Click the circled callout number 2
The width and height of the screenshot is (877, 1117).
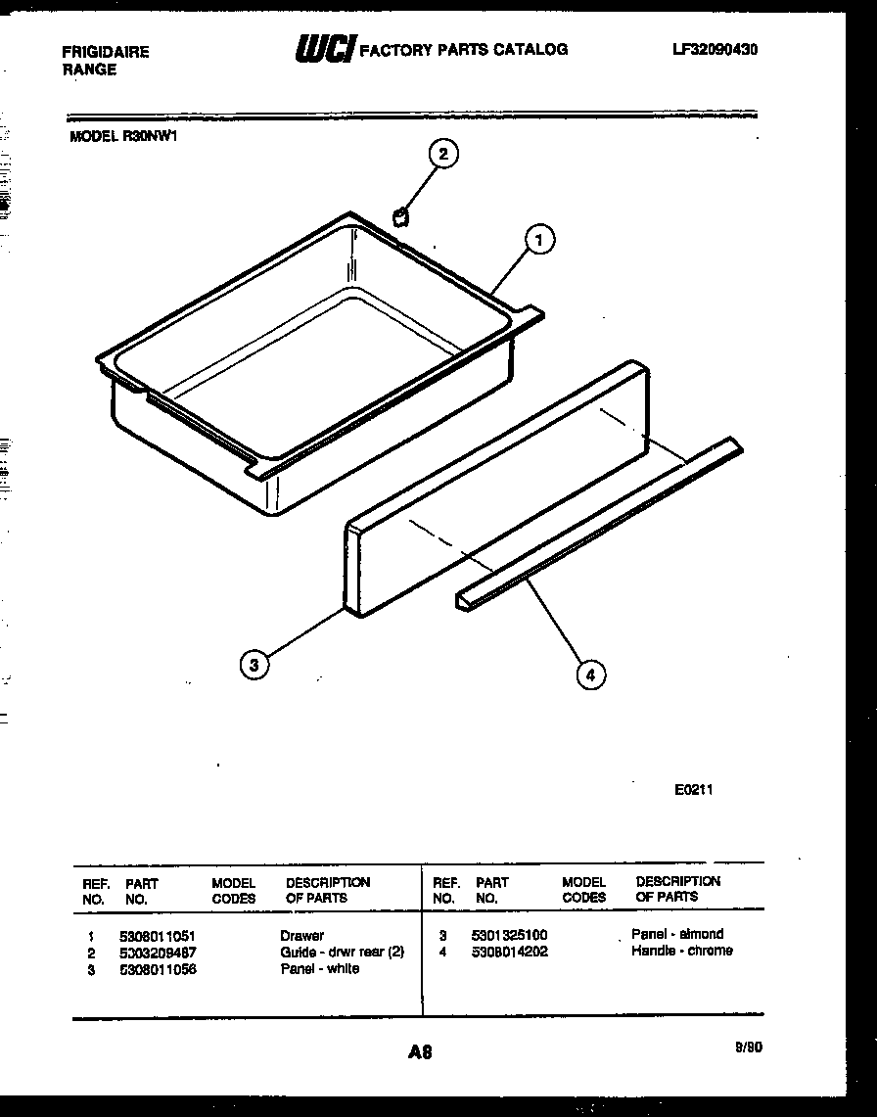[443, 154]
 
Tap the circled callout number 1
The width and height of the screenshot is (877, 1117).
[539, 239]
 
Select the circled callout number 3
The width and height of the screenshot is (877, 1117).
[254, 665]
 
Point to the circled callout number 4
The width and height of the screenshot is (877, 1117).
[590, 674]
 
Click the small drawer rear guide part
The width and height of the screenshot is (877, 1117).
[399, 215]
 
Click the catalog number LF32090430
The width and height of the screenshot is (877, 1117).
[715, 49]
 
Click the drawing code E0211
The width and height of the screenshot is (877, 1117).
[693, 790]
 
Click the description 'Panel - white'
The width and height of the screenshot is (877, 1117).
[319, 969]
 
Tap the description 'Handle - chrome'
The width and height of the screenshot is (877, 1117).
[681, 951]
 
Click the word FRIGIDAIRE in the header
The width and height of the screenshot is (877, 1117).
[106, 52]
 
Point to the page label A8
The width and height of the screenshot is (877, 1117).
[419, 1052]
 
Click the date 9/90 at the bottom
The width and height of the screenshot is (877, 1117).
[747, 1047]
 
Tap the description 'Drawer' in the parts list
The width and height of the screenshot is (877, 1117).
[301, 936]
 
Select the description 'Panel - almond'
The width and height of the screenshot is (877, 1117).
[677, 934]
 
